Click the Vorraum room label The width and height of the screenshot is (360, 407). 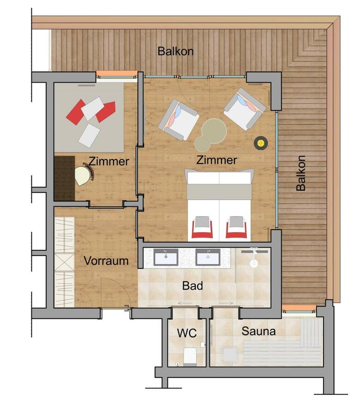106,261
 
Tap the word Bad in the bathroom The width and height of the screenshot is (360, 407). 192,286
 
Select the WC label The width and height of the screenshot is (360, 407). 187,333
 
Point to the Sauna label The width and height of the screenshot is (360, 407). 258,331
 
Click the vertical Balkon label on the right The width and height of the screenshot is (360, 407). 301,173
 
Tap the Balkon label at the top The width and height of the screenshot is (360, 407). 175,51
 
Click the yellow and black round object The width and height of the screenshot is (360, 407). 261,143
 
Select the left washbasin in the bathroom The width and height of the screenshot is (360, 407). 166,257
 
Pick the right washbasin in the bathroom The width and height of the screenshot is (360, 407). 208,257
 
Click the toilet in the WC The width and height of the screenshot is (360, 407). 190,356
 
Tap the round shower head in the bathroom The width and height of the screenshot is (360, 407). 254,264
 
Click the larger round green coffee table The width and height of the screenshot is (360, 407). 214,131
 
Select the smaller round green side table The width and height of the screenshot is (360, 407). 202,144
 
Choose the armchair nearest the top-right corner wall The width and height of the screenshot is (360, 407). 245,109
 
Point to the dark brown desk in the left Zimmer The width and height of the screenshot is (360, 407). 64,178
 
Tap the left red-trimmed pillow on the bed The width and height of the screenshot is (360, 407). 202,227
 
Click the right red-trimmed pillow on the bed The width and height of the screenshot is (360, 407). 236,227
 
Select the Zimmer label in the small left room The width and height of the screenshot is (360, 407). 109,161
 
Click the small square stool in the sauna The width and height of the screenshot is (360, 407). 230,354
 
